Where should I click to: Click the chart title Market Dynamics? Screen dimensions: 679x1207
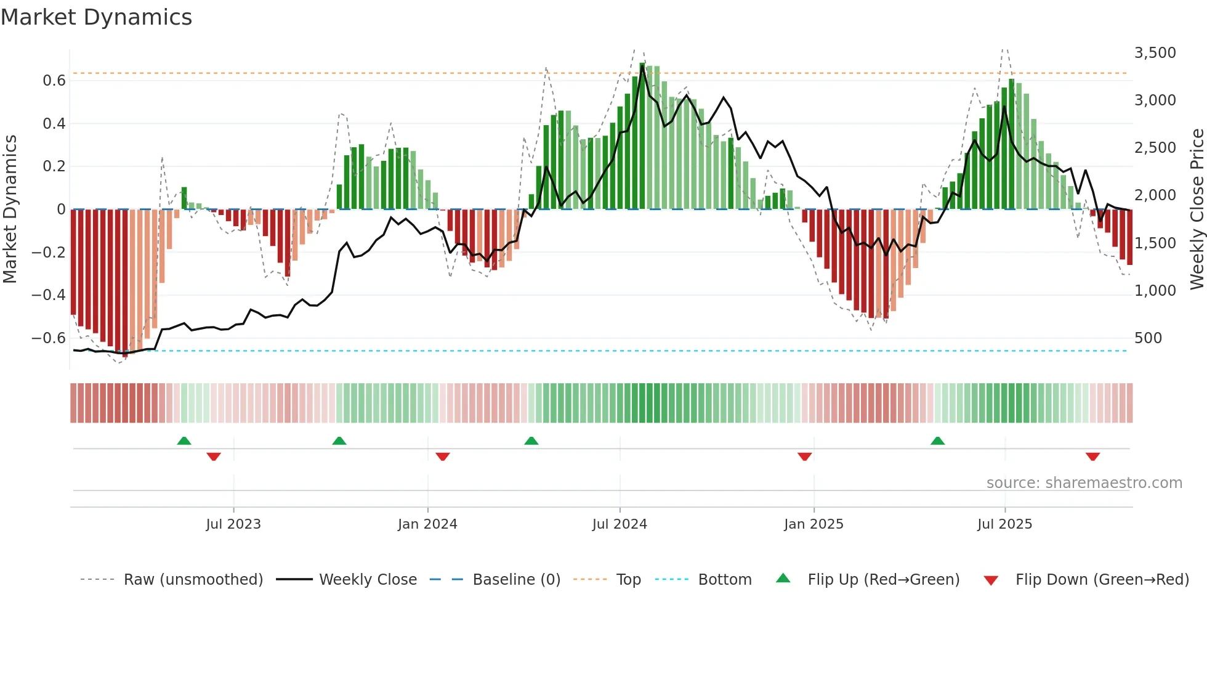tap(97, 17)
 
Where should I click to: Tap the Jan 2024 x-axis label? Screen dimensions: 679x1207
tap(427, 524)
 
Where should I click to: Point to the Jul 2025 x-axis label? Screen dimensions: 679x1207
tap(1004, 524)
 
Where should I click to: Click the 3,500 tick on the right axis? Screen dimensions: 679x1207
tap(1155, 53)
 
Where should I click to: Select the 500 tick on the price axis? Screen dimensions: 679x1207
tap(1148, 338)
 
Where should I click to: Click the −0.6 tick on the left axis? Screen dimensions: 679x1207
tap(49, 338)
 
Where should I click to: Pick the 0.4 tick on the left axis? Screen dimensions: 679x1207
tap(54, 124)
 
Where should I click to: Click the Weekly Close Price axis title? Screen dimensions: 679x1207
tap(1197, 209)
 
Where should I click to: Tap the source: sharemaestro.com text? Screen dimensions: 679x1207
tap(1084, 483)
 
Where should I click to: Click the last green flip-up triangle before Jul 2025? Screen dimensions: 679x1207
tap(937, 441)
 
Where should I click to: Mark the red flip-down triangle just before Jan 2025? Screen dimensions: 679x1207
tap(804, 457)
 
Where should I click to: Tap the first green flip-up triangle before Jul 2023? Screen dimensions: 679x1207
tap(184, 441)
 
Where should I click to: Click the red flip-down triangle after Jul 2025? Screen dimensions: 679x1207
tap(1092, 457)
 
